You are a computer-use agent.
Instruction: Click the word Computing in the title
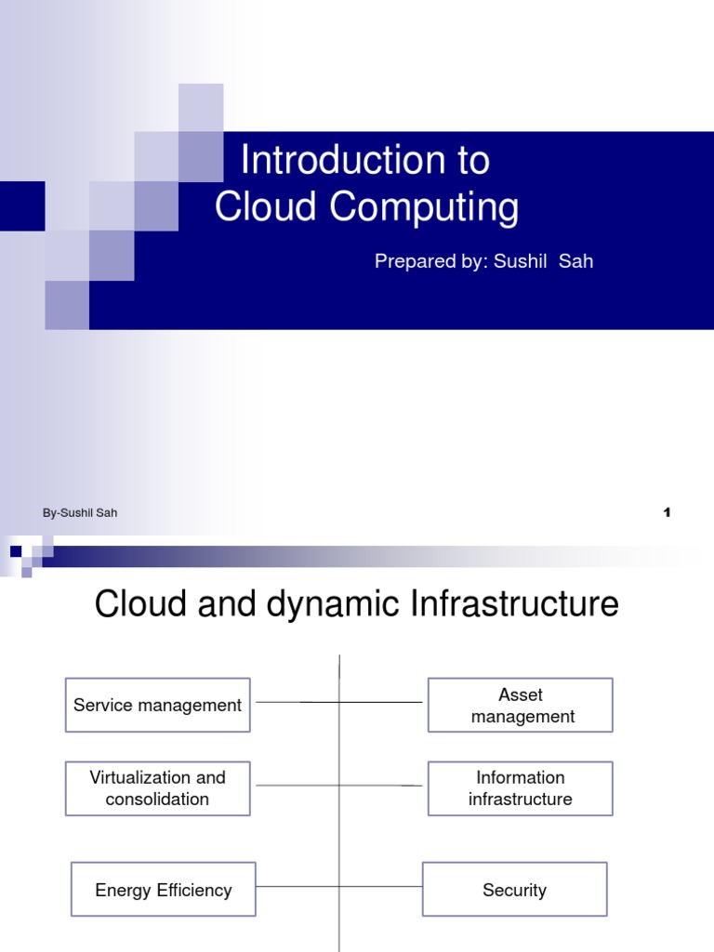[x=425, y=207]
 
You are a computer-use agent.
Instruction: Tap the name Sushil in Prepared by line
[x=521, y=261]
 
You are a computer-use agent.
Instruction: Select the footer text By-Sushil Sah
[x=80, y=512]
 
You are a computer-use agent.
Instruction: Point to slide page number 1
[x=667, y=512]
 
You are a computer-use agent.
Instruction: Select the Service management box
[x=157, y=705]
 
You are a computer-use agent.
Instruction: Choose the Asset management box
[x=520, y=705]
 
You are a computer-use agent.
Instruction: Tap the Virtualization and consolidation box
[x=157, y=787]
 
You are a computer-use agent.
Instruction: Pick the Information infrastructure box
[x=520, y=787]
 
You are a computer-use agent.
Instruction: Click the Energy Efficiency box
[x=163, y=890]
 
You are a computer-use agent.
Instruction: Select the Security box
[x=514, y=890]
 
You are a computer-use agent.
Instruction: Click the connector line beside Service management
[x=297, y=702]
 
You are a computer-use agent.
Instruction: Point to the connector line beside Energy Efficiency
[x=297, y=887]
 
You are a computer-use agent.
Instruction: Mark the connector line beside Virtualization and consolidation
[x=297, y=786]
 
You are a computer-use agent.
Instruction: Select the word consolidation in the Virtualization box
[x=157, y=799]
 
